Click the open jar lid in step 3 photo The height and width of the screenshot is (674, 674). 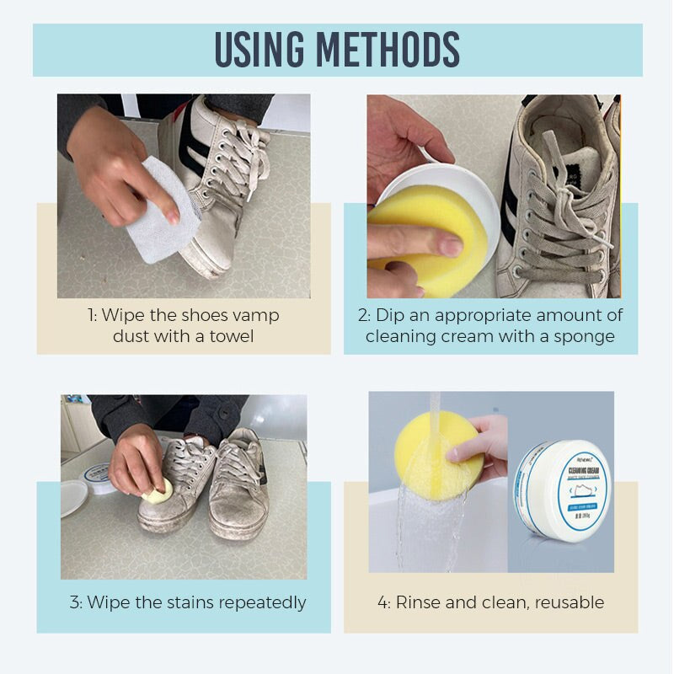coord(74,497)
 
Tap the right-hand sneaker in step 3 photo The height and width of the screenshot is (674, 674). coord(240,489)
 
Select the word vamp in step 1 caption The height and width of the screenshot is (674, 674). coord(257,315)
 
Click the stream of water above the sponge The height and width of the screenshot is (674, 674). coord(435,409)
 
